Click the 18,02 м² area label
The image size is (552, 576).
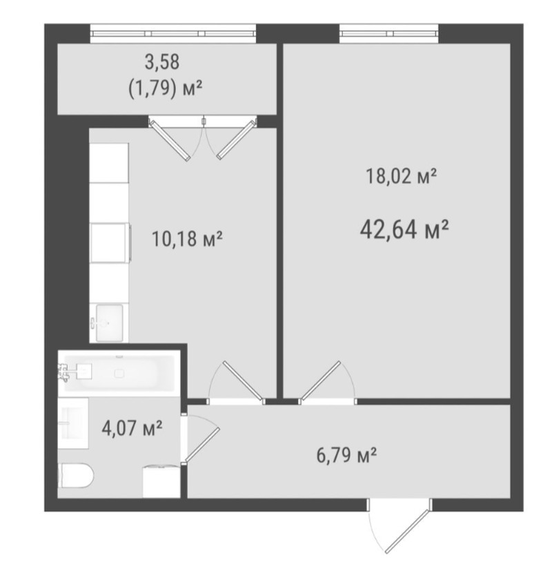coord(401,176)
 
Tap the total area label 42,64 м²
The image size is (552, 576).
coord(404,229)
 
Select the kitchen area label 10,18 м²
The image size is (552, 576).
coord(187,239)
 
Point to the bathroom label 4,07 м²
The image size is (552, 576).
coord(132,428)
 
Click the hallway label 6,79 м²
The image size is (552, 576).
coord(346,455)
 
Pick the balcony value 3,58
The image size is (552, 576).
coord(162,61)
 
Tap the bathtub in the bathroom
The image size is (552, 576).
coord(119,373)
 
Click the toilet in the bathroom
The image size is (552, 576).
coord(76,476)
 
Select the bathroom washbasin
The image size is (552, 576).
coord(73,423)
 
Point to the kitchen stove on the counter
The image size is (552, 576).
coord(110,242)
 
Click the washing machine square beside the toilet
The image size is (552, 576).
coord(161,481)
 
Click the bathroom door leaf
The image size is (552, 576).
coord(202,444)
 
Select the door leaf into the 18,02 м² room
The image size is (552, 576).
coord(320,381)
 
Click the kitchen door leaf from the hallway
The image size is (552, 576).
coord(243,381)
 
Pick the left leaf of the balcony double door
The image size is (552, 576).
coord(170,140)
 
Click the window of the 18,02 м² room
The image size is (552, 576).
coord(389,33)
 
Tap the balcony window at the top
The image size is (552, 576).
coord(173,33)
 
